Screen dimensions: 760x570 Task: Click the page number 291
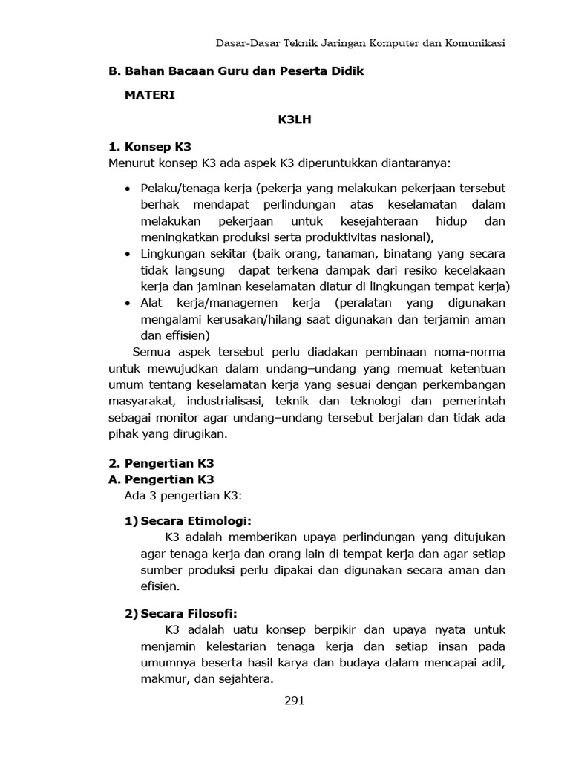click(x=295, y=701)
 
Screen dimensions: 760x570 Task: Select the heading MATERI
click(x=150, y=95)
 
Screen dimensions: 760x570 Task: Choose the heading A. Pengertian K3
click(x=161, y=479)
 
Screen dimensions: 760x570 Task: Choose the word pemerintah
click(x=471, y=402)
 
